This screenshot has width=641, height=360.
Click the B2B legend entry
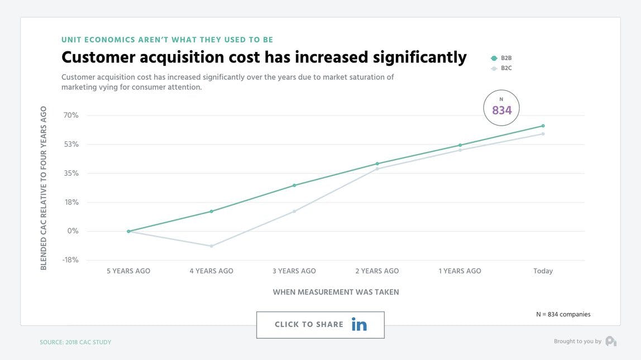coord(501,58)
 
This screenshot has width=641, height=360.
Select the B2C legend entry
coord(501,68)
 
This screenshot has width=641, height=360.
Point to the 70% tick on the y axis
coord(71,116)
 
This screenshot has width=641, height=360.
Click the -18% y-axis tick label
coord(70,260)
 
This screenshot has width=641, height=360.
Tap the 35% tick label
coord(71,174)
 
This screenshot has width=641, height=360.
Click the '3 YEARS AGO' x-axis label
coord(294,271)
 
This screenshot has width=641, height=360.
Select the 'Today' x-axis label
coord(543,271)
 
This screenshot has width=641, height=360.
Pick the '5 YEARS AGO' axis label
coord(128,271)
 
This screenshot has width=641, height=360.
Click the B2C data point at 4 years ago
coord(212,246)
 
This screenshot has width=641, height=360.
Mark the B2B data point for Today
coord(543,126)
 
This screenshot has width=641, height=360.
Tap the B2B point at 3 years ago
coord(294,185)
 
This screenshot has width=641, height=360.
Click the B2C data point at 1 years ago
coord(460,150)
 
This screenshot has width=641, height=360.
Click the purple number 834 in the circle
coord(501,111)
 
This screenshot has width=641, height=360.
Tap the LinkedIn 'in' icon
coord(359,324)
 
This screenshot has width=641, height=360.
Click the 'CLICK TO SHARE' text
coord(309,324)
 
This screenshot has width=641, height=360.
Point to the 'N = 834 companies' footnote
coord(563,314)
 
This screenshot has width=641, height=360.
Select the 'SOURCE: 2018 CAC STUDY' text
coord(75,342)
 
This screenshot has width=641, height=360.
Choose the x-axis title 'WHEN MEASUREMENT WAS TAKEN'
coord(336,292)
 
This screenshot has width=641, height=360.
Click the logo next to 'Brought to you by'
coord(611,341)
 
